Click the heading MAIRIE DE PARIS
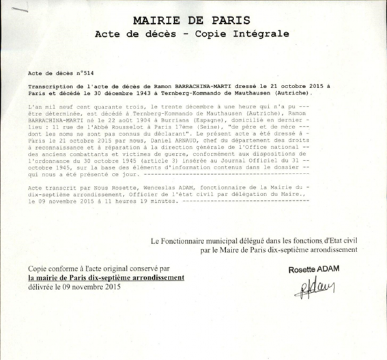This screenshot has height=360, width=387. click(192, 20)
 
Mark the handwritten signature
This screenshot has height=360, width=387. click(314, 288)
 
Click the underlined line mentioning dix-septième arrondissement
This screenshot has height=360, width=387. click(106, 278)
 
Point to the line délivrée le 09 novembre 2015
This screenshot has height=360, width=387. click(74, 286)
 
